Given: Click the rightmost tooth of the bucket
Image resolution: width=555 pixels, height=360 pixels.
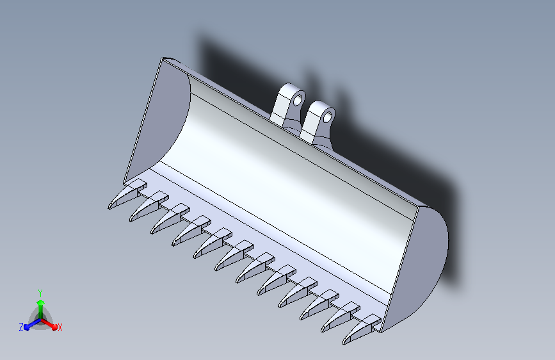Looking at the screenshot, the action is pyautogui.click(x=362, y=329).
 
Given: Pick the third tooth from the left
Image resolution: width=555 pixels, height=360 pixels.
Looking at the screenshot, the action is pyautogui.click(x=170, y=219).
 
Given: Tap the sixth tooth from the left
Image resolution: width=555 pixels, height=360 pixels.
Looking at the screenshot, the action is pyautogui.click(x=234, y=256).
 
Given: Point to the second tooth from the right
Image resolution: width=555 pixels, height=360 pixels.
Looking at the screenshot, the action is pyautogui.click(x=340, y=317).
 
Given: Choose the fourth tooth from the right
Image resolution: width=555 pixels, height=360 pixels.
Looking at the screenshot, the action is pyautogui.click(x=298, y=293).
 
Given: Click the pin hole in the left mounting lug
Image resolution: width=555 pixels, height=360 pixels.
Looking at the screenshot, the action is pyautogui.click(x=299, y=99).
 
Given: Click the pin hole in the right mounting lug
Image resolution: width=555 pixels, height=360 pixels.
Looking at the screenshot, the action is pyautogui.click(x=328, y=117).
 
